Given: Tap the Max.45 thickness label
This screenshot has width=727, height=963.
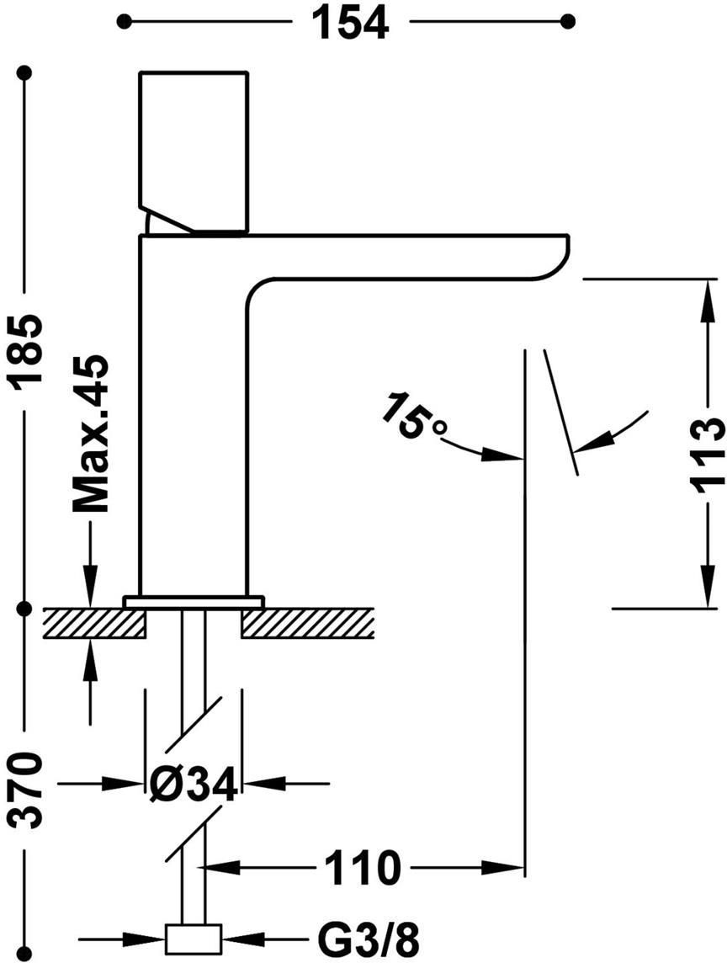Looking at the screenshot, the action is [90, 434].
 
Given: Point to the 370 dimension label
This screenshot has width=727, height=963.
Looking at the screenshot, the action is [28, 790].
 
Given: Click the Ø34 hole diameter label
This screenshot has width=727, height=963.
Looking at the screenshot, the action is [194, 784].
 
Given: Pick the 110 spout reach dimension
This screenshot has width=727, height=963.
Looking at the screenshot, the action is [363, 868].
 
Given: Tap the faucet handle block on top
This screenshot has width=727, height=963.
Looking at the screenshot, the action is [194, 153].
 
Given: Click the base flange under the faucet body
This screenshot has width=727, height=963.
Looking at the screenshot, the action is [194, 602].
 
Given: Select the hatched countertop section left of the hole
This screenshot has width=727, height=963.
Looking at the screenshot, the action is [94, 624].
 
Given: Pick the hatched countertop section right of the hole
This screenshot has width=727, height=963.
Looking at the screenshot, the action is [308, 624].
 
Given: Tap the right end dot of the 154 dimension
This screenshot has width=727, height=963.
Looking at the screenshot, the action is [568, 22].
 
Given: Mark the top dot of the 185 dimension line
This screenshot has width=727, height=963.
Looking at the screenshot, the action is [25, 72].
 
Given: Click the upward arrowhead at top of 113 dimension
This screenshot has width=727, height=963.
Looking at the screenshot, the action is [710, 299].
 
